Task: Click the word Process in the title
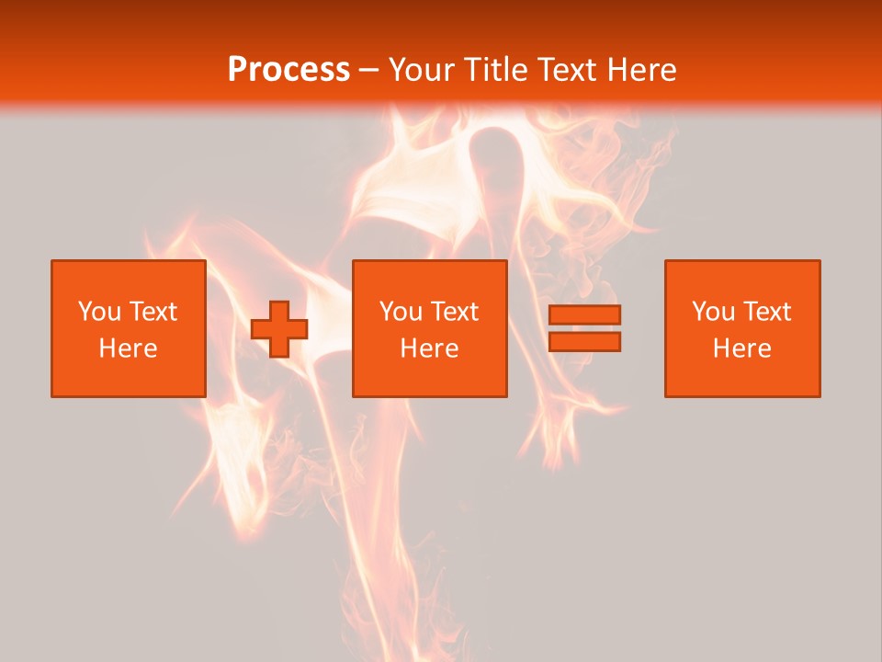pyautogui.click(x=288, y=70)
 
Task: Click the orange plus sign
pyautogui.click(x=279, y=329)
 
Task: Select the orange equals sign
pyautogui.click(x=584, y=328)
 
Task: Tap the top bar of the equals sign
pyautogui.click(x=584, y=315)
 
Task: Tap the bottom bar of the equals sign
pyautogui.click(x=584, y=341)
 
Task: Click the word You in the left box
pyautogui.click(x=99, y=312)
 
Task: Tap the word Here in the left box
pyautogui.click(x=128, y=348)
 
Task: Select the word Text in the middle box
pyautogui.click(x=455, y=312)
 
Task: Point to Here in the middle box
pyautogui.click(x=429, y=348)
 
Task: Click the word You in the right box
pyautogui.click(x=713, y=312)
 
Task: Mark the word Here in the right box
pyautogui.click(x=741, y=348)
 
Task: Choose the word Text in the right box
pyautogui.click(x=767, y=312)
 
